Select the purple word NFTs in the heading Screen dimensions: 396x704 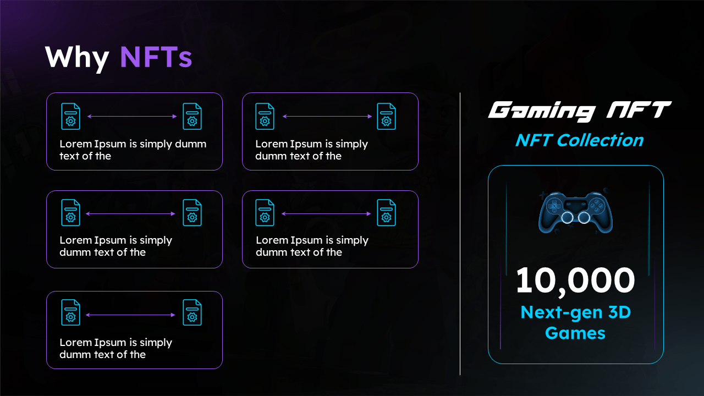[156, 57]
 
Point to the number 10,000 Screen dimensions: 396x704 [575, 280]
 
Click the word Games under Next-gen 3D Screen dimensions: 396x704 [575, 333]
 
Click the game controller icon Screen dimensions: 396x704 [575, 212]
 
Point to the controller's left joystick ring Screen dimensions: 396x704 [566, 218]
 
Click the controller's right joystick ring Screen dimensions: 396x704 [584, 218]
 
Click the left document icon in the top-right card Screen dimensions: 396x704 [265, 117]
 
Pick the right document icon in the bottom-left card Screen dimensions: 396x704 [192, 312]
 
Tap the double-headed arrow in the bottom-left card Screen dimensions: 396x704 [131, 315]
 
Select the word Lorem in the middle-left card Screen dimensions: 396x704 [75, 240]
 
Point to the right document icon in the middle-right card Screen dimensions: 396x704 [386, 212]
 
